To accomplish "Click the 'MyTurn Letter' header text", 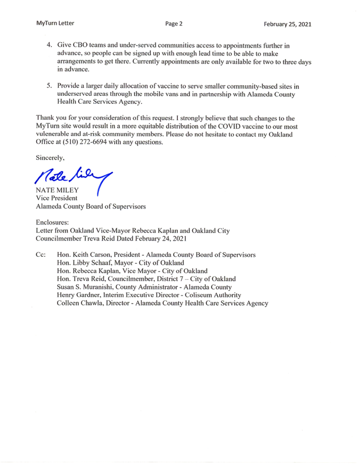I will coord(56,23).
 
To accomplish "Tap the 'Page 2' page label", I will coord(174,23).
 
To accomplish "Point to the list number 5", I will coord(49,85).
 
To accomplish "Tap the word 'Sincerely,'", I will coord(51,158).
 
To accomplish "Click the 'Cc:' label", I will coord(41,255).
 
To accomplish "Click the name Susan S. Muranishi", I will coord(93,287).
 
